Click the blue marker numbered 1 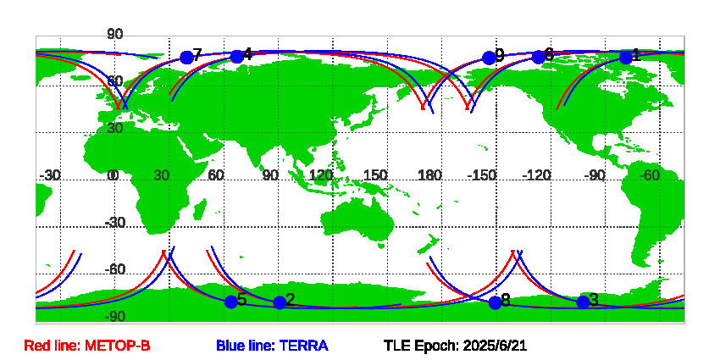coord(625,58)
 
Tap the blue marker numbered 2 coord(280,302)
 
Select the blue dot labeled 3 coord(583,302)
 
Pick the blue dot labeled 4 coord(236,57)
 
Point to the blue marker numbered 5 coord(231,302)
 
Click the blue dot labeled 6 coord(538,57)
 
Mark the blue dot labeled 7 coord(186,58)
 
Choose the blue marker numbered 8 coord(495,303)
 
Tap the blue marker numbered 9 coord(489,58)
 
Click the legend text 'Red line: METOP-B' coord(87,346)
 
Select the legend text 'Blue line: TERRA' coord(272,346)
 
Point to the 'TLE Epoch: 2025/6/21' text coord(456,346)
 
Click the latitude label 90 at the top coord(115,34)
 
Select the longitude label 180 coord(430,175)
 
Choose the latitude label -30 coord(115,223)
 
